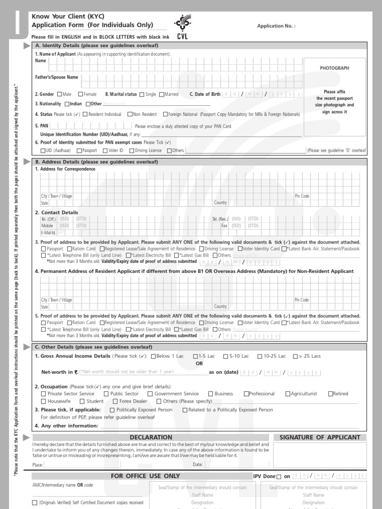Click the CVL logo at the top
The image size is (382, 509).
tap(182, 28)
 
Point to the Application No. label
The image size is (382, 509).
tap(276, 26)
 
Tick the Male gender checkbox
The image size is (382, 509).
tap(60, 94)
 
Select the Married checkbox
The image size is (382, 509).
tap(161, 94)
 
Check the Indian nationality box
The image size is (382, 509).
tap(67, 104)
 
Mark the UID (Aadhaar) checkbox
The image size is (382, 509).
tap(43, 150)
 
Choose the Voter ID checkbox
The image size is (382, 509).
tap(105, 150)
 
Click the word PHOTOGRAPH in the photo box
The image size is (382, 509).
tap(334, 68)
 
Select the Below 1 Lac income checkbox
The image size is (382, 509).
tap(153, 356)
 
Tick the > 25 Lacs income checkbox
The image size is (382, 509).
tap(295, 356)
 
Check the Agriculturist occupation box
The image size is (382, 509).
tap(288, 394)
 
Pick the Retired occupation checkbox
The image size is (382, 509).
tap(330, 394)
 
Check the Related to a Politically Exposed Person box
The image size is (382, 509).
tap(185, 410)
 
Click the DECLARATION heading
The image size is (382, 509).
tap(151, 437)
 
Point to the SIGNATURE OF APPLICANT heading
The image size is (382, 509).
tap(320, 437)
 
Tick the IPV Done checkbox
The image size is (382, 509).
tap(279, 477)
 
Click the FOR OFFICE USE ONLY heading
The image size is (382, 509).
tap(145, 476)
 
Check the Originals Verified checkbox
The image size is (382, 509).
tap(34, 503)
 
